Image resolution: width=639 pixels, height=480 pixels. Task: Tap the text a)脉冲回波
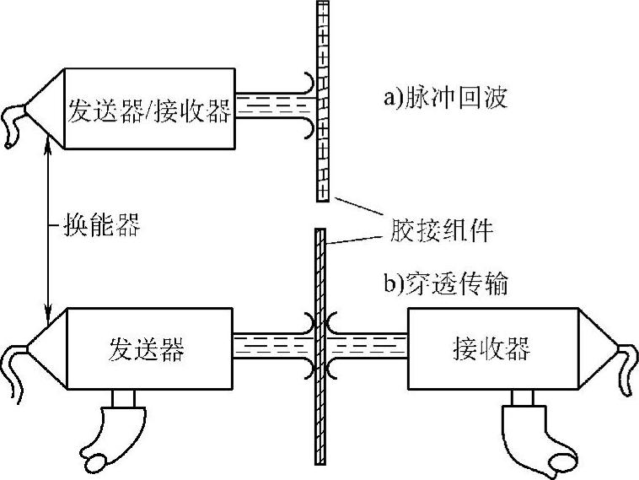[445, 98]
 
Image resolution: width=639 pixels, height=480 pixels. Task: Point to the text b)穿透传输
[446, 285]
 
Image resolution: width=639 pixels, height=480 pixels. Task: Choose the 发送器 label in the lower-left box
[147, 348]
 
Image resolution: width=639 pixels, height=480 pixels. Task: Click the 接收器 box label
[491, 348]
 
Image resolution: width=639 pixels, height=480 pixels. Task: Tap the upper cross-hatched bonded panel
[321, 101]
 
